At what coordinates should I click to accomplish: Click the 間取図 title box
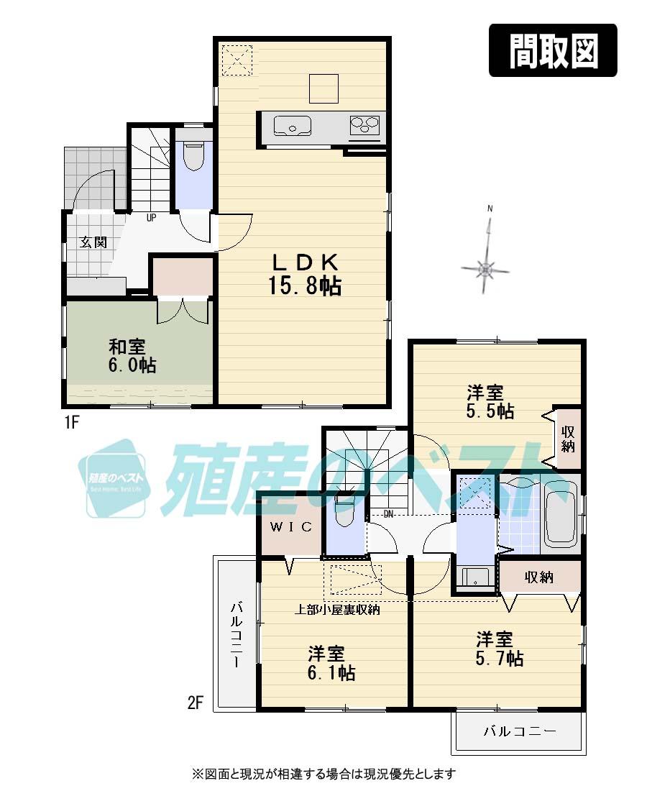pyautogui.click(x=553, y=50)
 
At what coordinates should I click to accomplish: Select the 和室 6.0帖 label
pyautogui.click(x=132, y=355)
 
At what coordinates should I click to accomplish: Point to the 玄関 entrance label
pyautogui.click(x=93, y=242)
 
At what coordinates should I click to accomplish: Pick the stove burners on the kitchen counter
pyautogui.click(x=364, y=127)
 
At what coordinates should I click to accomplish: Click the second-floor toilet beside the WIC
pyautogui.click(x=344, y=512)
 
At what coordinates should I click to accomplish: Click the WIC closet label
pyautogui.click(x=291, y=527)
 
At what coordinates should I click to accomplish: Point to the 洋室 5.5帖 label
pyautogui.click(x=490, y=402)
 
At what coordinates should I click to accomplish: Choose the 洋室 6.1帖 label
pyautogui.click(x=331, y=663)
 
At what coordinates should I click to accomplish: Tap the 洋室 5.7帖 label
pyautogui.click(x=498, y=648)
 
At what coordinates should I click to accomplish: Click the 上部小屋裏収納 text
pyautogui.click(x=338, y=610)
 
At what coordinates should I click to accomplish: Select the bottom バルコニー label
pyautogui.click(x=519, y=732)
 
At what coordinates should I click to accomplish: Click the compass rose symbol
pyautogui.click(x=486, y=270)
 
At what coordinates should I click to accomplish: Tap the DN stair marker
pyautogui.click(x=388, y=513)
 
